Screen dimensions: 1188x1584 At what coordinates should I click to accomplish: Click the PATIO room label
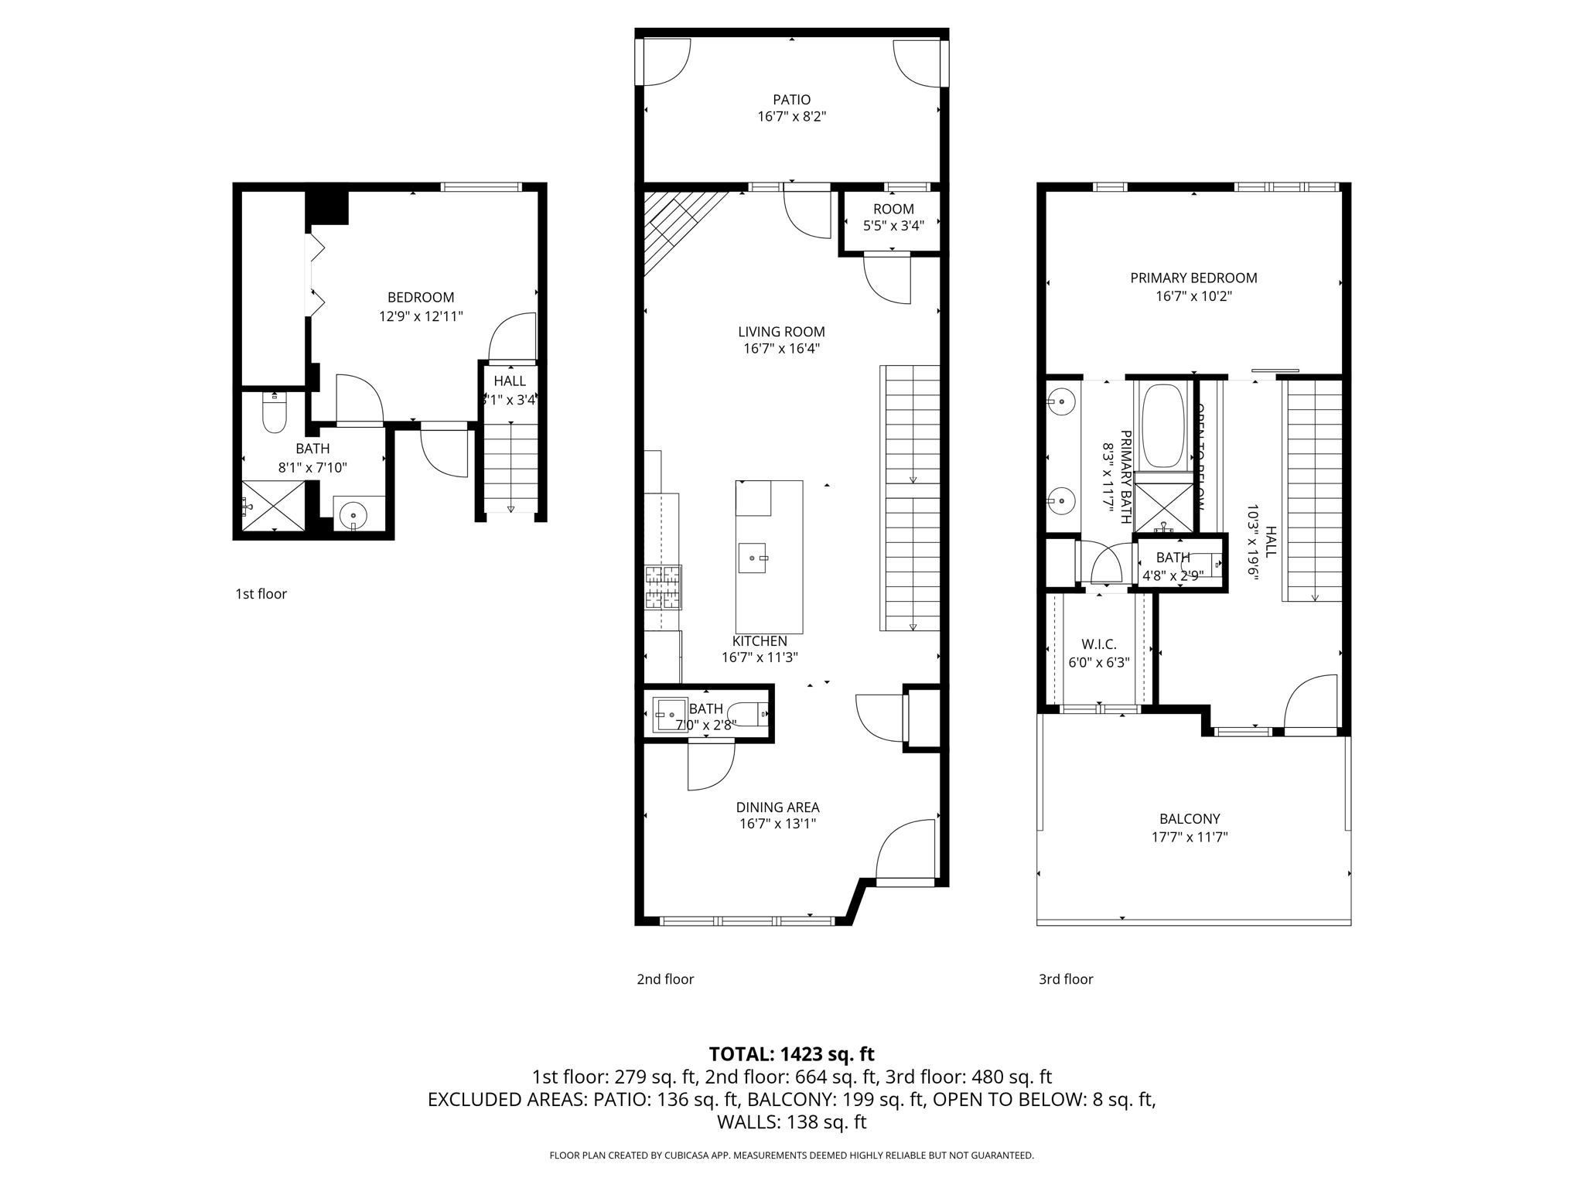[x=791, y=100]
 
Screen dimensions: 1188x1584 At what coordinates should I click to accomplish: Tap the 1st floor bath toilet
[x=275, y=413]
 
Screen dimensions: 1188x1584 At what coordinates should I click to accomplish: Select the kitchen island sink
[x=752, y=557]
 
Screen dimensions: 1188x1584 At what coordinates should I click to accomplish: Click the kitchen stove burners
[x=664, y=587]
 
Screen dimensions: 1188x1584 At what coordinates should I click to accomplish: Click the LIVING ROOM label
[x=781, y=332]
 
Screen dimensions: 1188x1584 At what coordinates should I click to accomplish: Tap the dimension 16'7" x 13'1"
[x=777, y=824]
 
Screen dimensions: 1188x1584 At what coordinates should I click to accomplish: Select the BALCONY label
[x=1190, y=819]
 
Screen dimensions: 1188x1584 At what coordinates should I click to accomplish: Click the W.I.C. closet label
[x=1098, y=644]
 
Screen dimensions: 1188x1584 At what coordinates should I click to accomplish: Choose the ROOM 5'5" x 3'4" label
[x=893, y=209]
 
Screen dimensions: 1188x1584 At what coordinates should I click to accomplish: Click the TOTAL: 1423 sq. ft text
[x=791, y=1054]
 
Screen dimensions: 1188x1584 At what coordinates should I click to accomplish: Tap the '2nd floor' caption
[x=665, y=979]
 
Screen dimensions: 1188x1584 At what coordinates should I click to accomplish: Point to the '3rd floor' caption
[x=1066, y=979]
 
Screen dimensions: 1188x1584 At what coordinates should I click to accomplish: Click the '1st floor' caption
[x=261, y=594]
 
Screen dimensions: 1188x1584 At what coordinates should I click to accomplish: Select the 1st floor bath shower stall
[x=274, y=506]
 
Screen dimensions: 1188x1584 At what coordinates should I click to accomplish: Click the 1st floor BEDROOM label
[x=421, y=298]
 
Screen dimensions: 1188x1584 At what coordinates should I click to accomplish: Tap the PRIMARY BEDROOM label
[x=1193, y=278]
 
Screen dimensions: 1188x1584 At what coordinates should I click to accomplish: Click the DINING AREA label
[x=777, y=807]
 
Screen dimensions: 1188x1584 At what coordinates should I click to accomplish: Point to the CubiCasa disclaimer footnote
[x=791, y=1156]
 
